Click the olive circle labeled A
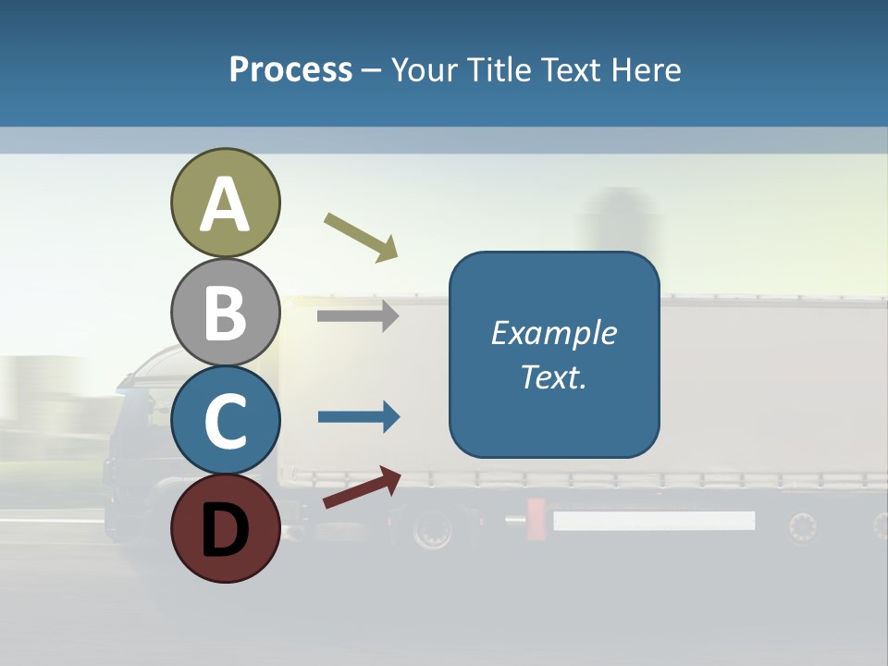[x=226, y=203]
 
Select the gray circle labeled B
[x=226, y=313]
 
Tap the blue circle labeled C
[x=226, y=421]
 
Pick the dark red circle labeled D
[x=226, y=528]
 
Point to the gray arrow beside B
[x=358, y=316]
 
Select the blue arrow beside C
[x=359, y=417]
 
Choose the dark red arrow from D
[x=362, y=488]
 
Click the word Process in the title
[x=290, y=69]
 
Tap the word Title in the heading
[x=499, y=69]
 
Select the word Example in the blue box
[x=554, y=333]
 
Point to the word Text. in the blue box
[x=554, y=377]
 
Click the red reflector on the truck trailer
[x=536, y=520]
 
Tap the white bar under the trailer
[x=654, y=521]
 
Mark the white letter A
[x=226, y=204]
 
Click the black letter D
[x=226, y=529]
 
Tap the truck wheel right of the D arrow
[x=431, y=530]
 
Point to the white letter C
[x=226, y=422]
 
